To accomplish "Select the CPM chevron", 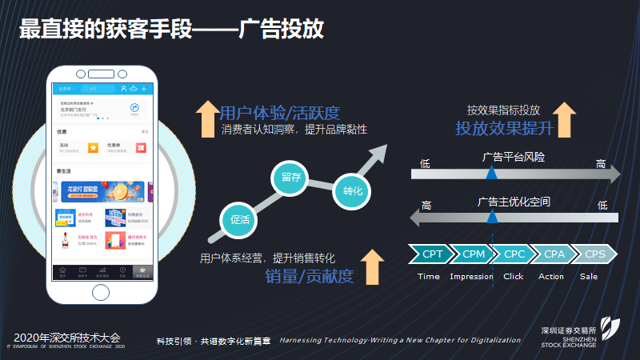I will [x=474, y=254].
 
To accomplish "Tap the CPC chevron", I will [x=514, y=254].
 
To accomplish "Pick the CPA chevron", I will [x=554, y=254].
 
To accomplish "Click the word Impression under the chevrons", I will [x=472, y=277].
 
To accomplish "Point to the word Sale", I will [x=589, y=277].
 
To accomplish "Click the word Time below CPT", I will [x=429, y=277].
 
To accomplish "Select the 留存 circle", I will [x=291, y=178].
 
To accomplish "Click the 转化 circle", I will [x=353, y=190].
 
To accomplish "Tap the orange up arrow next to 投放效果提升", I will [x=565, y=119].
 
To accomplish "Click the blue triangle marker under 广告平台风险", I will [x=491, y=172].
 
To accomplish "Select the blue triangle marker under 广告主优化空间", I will [x=491, y=216].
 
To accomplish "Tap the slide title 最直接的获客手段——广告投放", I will [x=172, y=30].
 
